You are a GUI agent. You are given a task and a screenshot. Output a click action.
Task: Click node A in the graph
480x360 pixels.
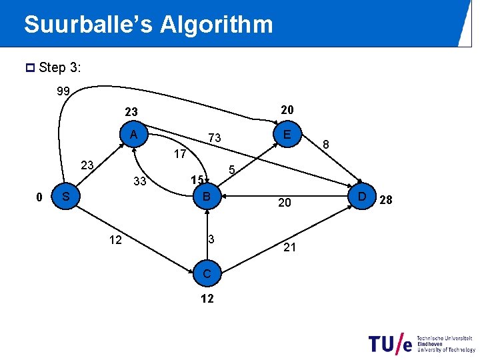[x=134, y=135]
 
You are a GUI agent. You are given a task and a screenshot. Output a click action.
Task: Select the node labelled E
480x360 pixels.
[x=286, y=134]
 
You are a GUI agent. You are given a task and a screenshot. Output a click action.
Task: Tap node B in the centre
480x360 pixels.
[x=207, y=197]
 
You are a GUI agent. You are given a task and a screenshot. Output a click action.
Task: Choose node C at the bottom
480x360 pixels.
[x=207, y=273]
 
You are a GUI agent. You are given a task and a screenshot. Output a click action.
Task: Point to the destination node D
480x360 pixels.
[x=362, y=197]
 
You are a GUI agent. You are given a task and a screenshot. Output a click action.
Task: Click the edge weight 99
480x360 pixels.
[x=64, y=91]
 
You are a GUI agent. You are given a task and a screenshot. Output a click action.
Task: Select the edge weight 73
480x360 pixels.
[x=214, y=138]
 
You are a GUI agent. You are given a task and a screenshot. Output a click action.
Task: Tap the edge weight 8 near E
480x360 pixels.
[x=325, y=144]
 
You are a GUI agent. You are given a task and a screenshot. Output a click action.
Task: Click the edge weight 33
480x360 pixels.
[x=140, y=181]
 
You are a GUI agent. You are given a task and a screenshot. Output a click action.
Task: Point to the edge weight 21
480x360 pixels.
[x=289, y=248]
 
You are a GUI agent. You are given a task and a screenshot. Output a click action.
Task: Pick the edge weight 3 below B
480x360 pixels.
[x=210, y=239]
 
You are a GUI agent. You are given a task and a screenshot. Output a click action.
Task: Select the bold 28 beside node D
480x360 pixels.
[x=386, y=199]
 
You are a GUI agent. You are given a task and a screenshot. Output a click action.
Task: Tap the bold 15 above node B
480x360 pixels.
[x=196, y=180]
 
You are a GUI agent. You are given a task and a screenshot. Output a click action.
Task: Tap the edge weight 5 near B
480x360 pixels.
[x=232, y=170]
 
